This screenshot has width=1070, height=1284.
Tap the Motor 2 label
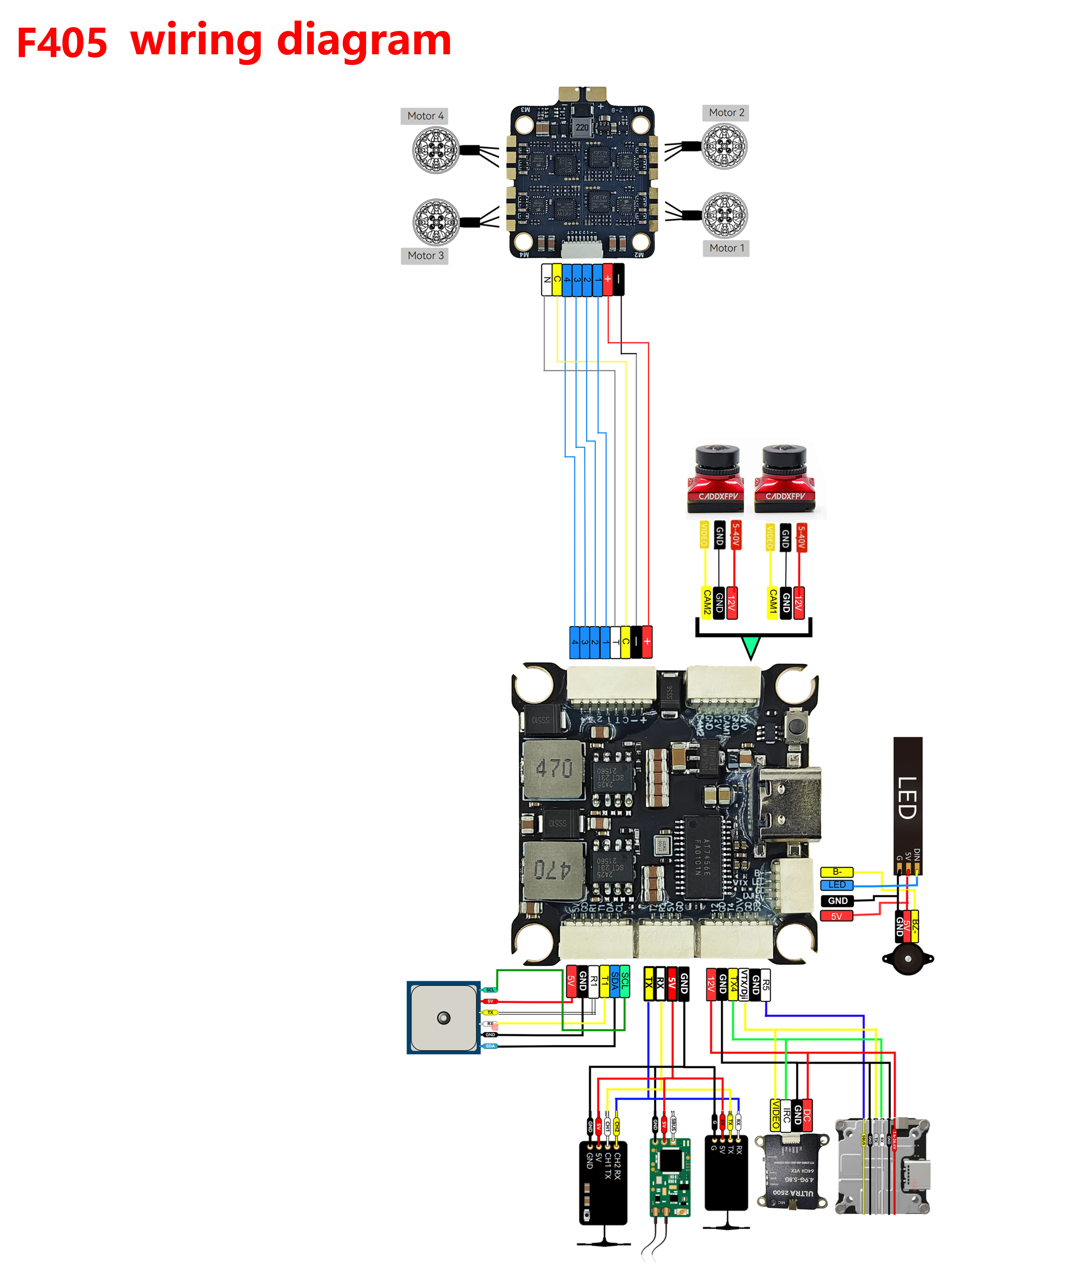click(726, 113)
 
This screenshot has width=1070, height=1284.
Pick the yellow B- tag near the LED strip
click(837, 871)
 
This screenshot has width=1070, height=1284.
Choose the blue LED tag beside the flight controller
click(837, 885)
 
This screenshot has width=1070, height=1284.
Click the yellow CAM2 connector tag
click(706, 602)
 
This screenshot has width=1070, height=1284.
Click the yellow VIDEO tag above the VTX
click(775, 1114)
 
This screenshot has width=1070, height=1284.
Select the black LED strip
click(907, 804)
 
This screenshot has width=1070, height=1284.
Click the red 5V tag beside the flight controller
click(837, 916)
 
